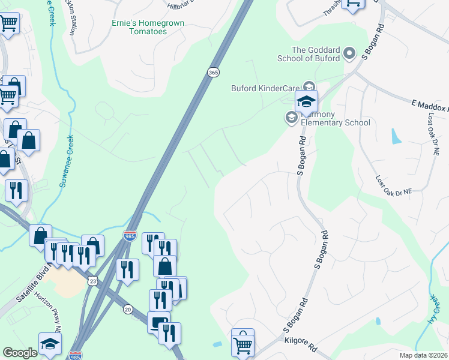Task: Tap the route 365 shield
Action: pos(214,72)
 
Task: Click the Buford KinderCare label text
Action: pos(265,88)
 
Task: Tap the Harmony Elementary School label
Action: pos(335,118)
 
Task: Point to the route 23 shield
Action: pos(92,281)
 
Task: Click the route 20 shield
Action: pos(128,308)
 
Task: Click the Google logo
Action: pos(20,353)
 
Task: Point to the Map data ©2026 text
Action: pos(423,355)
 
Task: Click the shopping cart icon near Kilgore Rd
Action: pos(243,343)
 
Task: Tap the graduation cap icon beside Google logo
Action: pos(50,344)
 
